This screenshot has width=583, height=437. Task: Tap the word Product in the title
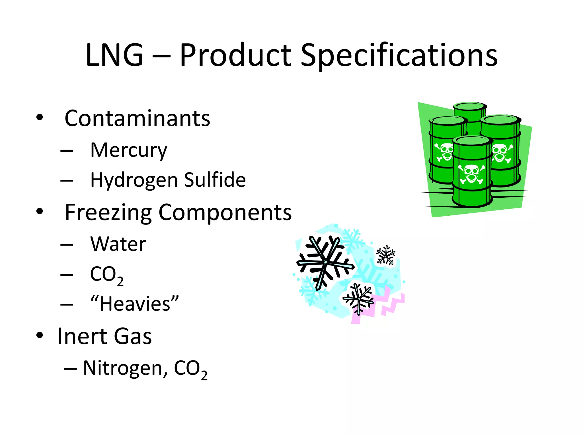coord(235,55)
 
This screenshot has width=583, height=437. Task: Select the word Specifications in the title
coord(399,56)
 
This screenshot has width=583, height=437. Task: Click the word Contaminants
coord(137,118)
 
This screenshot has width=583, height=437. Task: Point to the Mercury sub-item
coord(129,150)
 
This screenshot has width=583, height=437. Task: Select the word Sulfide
coord(215,180)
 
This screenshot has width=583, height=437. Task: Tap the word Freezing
coord(108,213)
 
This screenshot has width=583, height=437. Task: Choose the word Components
coord(225,213)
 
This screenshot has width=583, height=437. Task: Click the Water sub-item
coord(118,244)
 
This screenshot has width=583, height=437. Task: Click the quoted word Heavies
coord(134,304)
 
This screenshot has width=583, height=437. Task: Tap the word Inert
coord(82,336)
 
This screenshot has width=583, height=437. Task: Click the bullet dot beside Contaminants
coord(40,117)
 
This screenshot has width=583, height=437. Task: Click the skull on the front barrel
coord(471,174)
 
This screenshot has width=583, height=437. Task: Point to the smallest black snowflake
coord(386,255)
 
